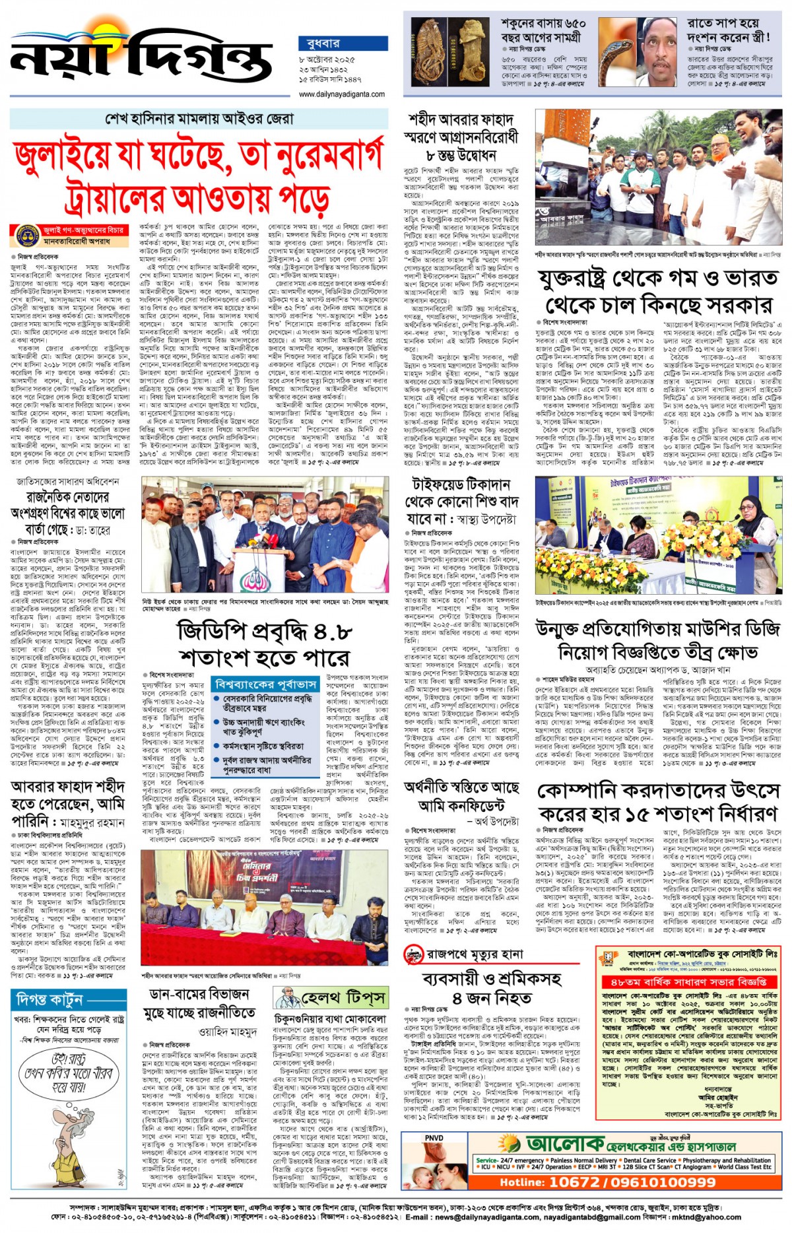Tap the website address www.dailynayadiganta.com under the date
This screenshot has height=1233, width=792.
tap(341, 94)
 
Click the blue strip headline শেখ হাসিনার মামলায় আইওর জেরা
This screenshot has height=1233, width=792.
tap(199, 119)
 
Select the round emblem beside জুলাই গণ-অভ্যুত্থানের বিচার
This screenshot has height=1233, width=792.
tap(26, 235)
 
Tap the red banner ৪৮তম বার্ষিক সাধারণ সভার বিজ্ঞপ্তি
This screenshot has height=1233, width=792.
tap(689, 982)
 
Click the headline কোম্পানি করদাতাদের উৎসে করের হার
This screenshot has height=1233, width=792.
tap(659, 802)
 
